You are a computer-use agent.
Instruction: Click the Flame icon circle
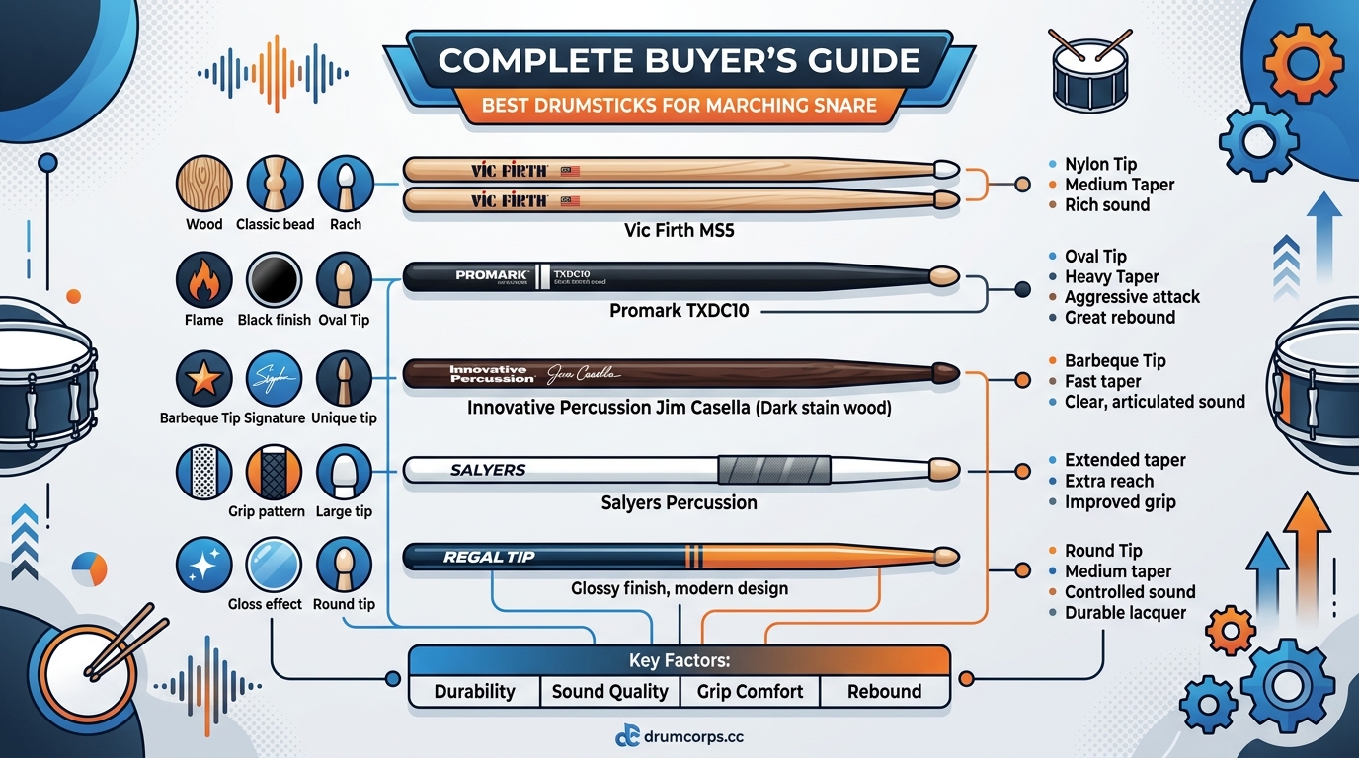(x=203, y=280)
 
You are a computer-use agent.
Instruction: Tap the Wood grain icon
(x=203, y=185)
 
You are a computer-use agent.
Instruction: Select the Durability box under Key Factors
(x=474, y=691)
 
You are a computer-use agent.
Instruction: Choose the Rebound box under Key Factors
(x=884, y=691)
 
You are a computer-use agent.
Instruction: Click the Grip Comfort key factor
(x=750, y=691)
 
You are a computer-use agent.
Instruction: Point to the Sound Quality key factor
(x=609, y=691)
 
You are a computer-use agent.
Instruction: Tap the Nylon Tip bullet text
(x=1100, y=164)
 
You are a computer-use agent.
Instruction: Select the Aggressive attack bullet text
(x=1132, y=297)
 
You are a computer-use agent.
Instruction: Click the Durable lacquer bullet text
(x=1125, y=613)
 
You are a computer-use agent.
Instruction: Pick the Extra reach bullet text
(x=1108, y=481)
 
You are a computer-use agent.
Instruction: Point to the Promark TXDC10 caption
(x=679, y=311)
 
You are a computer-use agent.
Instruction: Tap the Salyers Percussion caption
(x=679, y=502)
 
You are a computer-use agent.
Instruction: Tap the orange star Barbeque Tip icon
(x=203, y=379)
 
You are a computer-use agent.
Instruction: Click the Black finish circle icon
(x=274, y=280)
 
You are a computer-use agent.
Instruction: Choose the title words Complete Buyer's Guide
(x=679, y=61)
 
